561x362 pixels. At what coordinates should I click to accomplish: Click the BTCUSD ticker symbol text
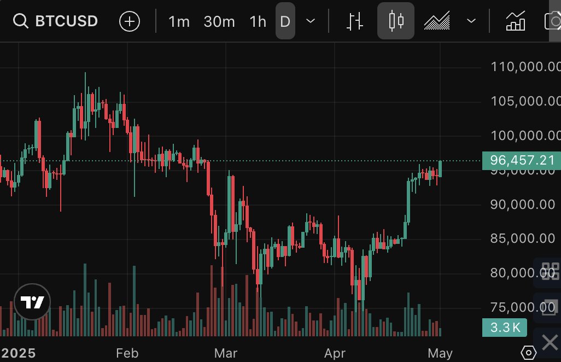(x=66, y=21)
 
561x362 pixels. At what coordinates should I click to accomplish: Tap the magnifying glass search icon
(x=21, y=21)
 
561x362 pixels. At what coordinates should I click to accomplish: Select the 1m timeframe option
(x=179, y=21)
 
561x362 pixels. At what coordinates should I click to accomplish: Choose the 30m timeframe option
(x=219, y=21)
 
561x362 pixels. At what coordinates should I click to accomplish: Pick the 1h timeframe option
(x=258, y=21)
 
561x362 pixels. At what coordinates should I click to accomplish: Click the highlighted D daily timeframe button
(x=285, y=21)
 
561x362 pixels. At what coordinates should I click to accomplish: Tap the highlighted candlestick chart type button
(x=396, y=21)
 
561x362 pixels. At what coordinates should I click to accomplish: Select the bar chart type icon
(x=355, y=21)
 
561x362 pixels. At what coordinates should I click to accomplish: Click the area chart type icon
(x=437, y=21)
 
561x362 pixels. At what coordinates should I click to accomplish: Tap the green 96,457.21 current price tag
(x=522, y=160)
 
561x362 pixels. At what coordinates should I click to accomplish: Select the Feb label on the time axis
(x=127, y=353)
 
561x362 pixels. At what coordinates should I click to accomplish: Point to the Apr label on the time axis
(x=335, y=353)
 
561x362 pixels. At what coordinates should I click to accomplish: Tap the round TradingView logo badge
(x=32, y=302)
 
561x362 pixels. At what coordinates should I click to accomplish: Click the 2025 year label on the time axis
(x=18, y=353)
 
